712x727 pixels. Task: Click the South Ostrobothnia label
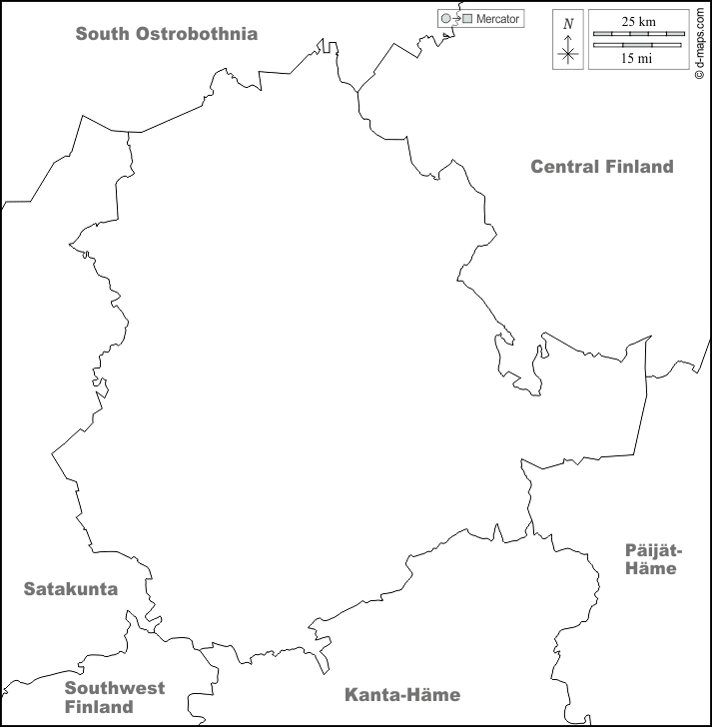(167, 34)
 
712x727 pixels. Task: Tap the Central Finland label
(601, 167)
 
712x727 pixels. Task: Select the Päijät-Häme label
(652, 559)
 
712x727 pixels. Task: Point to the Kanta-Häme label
(401, 695)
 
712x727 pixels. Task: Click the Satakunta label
(71, 589)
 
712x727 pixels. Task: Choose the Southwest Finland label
(115, 697)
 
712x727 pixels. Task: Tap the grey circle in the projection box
(445, 19)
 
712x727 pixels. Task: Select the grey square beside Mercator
(467, 19)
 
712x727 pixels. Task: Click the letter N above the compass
(568, 24)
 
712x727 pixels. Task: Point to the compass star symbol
(568, 53)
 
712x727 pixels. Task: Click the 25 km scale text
(638, 21)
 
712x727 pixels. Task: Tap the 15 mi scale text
(638, 58)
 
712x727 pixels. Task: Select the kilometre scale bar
(638, 34)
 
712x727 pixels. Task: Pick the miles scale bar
(638, 44)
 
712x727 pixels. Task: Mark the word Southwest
(115, 688)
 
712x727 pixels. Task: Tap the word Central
(564, 167)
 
